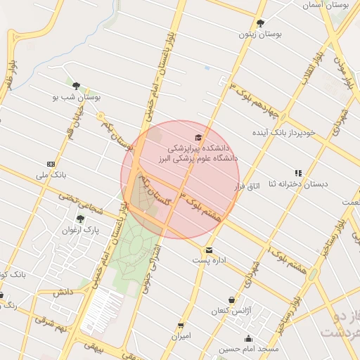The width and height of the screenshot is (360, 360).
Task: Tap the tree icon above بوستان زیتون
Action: point(260,23)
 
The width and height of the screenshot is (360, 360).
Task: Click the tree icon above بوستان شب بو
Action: point(76,86)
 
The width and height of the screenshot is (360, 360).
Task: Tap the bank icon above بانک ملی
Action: point(50,163)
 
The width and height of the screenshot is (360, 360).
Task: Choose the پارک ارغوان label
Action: point(79,230)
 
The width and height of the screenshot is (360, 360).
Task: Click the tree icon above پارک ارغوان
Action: point(80,219)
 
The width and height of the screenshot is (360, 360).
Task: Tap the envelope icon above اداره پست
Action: point(209,250)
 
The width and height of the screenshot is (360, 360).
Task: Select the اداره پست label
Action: point(209,261)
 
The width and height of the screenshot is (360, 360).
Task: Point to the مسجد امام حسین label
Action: point(249,348)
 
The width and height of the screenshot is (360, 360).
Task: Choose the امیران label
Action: point(181,337)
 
